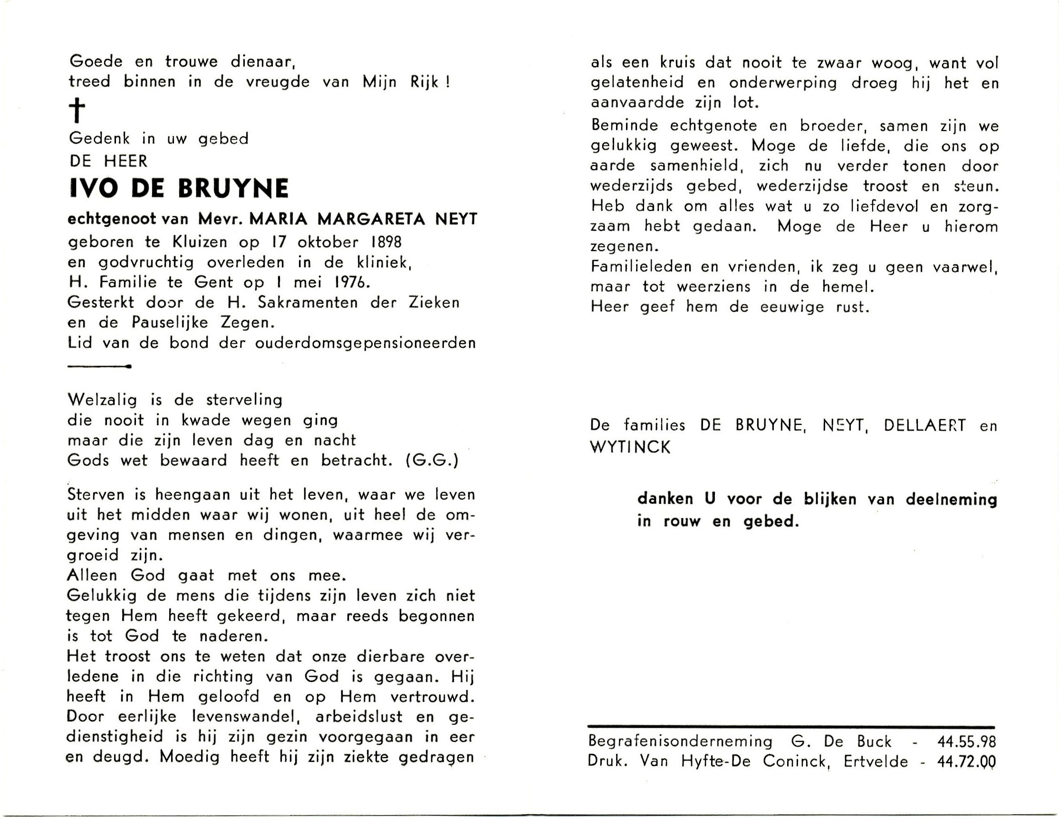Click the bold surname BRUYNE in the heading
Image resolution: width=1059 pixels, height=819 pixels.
pyautogui.click(x=234, y=189)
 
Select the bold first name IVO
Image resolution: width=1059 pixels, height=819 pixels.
pyautogui.click(x=94, y=189)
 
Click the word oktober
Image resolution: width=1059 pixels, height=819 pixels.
pyautogui.click(x=328, y=241)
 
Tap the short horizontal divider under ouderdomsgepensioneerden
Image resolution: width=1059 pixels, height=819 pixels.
pyautogui.click(x=99, y=366)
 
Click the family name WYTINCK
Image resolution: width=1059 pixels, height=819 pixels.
pyautogui.click(x=630, y=447)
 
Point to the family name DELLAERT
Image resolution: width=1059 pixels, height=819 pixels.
pyautogui.click(x=924, y=426)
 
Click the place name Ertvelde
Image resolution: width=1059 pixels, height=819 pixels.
pyautogui.click(x=875, y=762)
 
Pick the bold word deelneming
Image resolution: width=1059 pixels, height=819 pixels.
pyautogui.click(x=952, y=500)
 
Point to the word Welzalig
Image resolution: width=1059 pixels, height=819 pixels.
pyautogui.click(x=102, y=400)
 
